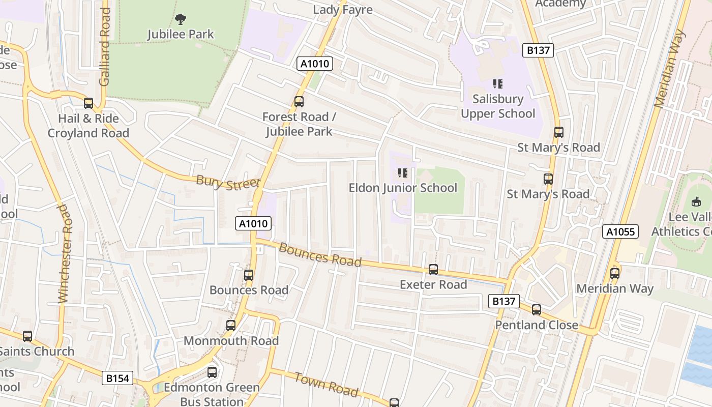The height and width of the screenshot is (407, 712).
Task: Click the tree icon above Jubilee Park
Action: click(x=180, y=19)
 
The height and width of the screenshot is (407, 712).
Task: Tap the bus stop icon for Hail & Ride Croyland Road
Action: click(x=88, y=103)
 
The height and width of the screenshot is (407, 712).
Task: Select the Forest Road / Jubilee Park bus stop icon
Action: click(x=299, y=102)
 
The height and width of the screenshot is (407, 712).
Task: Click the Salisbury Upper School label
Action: click(x=498, y=106)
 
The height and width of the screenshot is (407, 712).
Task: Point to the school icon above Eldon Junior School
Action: click(x=403, y=173)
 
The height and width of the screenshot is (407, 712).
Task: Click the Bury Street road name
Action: click(x=228, y=183)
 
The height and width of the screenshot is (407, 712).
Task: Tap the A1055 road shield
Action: click(x=620, y=232)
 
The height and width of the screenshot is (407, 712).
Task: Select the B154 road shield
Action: click(x=118, y=378)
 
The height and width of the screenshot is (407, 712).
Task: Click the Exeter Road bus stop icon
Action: click(x=433, y=270)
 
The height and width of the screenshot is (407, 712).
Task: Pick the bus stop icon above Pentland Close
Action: click(x=537, y=310)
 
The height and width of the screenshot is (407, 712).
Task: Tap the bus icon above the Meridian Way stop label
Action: click(x=615, y=274)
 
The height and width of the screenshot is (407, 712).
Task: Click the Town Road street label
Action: click(x=326, y=384)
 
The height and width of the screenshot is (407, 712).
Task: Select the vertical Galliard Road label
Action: click(x=105, y=47)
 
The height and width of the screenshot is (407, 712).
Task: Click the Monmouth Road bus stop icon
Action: click(x=231, y=326)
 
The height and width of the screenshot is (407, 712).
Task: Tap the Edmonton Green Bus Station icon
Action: click(x=212, y=372)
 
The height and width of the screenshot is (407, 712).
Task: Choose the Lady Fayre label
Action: click(x=343, y=10)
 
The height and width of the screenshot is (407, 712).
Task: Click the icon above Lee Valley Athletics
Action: click(x=696, y=202)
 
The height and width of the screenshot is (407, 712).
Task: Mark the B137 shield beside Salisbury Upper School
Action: click(x=538, y=50)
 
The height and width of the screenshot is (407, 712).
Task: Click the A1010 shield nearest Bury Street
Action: click(x=253, y=223)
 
